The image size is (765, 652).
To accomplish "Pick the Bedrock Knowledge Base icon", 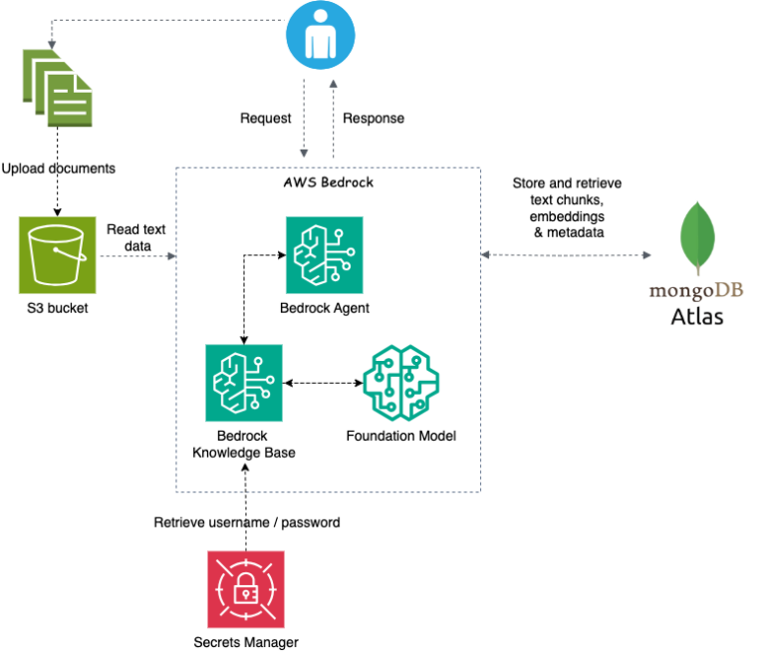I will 243,383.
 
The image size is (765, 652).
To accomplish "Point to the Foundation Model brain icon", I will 400,383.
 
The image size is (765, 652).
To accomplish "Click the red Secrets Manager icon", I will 245,588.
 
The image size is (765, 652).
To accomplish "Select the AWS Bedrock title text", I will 328,184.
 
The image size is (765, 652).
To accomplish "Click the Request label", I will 266,119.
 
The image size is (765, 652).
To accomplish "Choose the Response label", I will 374,119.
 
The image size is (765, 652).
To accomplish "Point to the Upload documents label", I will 58,167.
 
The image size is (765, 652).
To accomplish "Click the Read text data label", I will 135,237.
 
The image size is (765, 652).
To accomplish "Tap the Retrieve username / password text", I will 246,522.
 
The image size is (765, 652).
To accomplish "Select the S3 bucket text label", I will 58,308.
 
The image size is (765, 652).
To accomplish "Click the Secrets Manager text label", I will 245,642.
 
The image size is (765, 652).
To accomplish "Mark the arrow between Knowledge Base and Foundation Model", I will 322,383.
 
